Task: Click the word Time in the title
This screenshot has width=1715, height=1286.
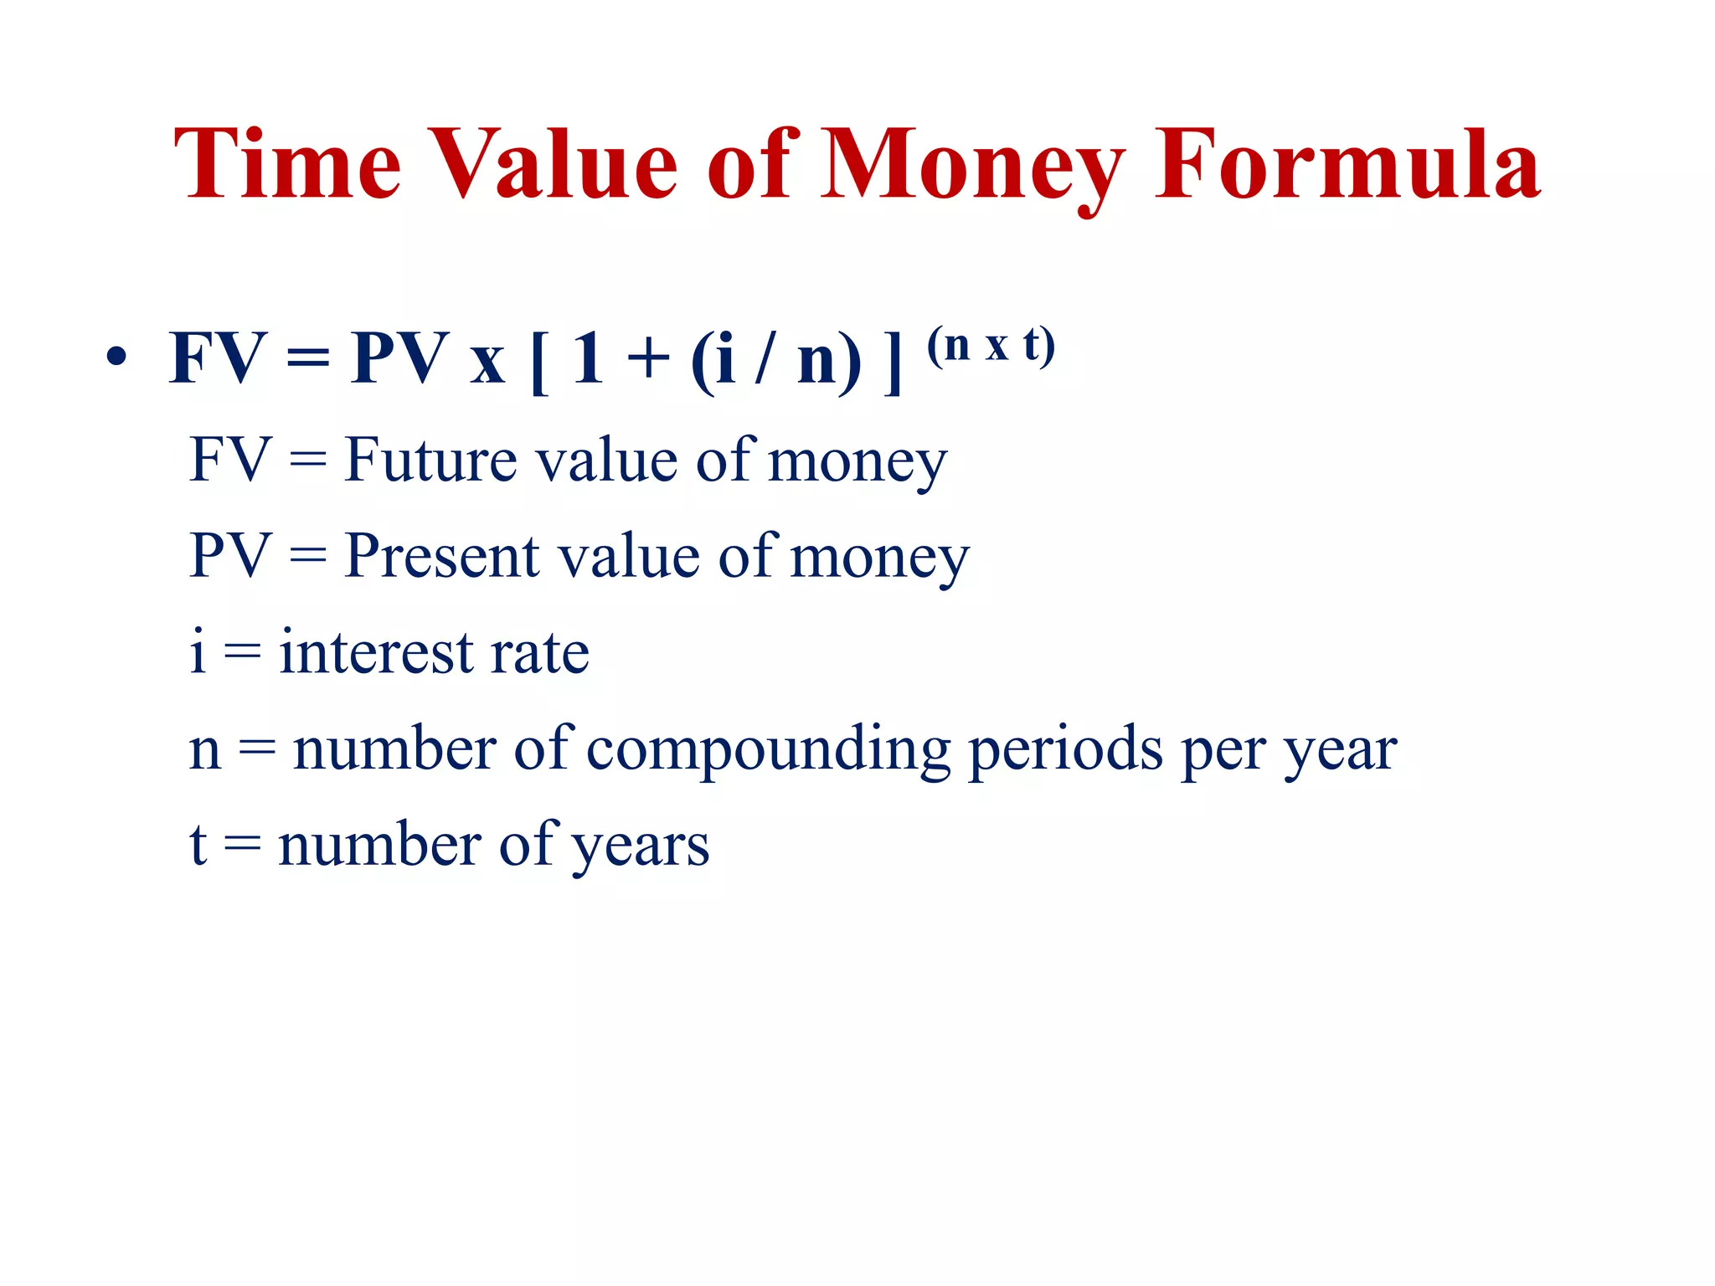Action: pyautogui.click(x=287, y=165)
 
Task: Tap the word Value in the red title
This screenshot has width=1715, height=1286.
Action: pyautogui.click(x=554, y=165)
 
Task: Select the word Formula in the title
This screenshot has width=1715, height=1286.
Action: pyautogui.click(x=1347, y=165)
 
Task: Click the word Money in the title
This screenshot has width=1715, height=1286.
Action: pyautogui.click(x=972, y=167)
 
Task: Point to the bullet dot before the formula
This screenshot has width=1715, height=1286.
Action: pyautogui.click(x=116, y=358)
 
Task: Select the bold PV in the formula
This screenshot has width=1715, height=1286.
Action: pyautogui.click(x=399, y=359)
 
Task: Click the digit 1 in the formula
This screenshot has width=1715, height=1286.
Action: pyautogui.click(x=588, y=359)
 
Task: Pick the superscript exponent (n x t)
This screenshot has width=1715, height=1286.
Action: pyautogui.click(x=991, y=345)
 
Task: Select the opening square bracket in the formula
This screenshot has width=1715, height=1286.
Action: pyautogui.click(x=538, y=362)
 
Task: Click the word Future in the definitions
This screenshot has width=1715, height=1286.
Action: pyautogui.click(x=430, y=460)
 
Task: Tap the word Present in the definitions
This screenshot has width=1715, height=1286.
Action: pyautogui.click(x=441, y=556)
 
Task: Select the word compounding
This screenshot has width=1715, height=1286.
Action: pyautogui.click(x=768, y=750)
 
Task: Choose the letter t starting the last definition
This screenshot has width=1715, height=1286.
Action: pyautogui.click(x=198, y=844)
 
